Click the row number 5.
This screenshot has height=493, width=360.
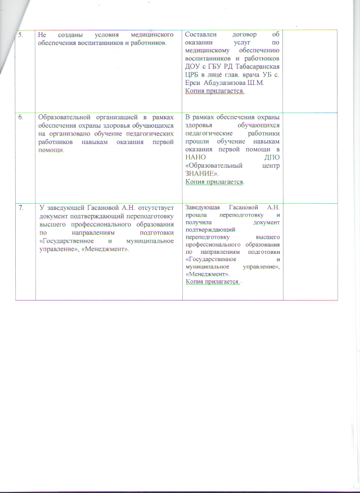point(21,35)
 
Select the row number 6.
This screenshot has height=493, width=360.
point(21,117)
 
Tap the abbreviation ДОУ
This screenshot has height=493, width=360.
point(192,63)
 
